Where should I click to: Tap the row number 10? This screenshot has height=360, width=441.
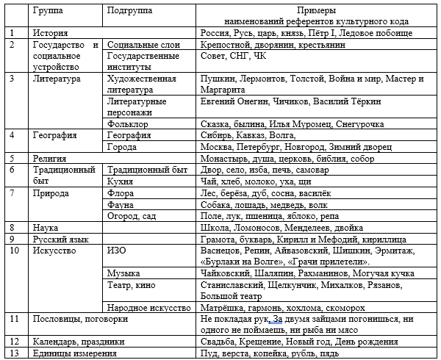15,251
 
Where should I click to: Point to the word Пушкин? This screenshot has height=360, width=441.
217,79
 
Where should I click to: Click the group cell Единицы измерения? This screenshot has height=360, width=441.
75,353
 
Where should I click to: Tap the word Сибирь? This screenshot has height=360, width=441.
216,135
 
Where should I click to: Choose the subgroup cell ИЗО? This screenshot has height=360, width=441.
118,251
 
